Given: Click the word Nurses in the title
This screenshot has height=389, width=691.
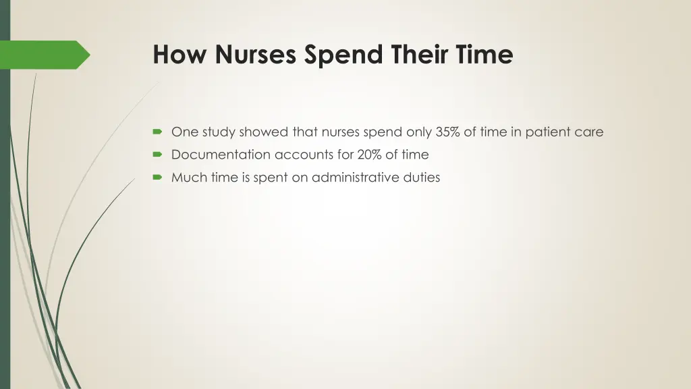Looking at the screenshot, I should tap(256, 55).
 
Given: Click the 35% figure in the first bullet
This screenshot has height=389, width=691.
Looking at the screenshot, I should tap(447, 132).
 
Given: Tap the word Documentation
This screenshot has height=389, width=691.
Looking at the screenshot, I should tap(221, 155).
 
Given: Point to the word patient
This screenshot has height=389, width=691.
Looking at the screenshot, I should tap(548, 132).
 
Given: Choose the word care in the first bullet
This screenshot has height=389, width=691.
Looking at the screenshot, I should tap(589, 132).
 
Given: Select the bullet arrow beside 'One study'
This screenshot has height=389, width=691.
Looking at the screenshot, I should tap(157, 132).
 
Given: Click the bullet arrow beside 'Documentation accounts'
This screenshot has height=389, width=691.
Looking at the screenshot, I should tap(157, 155).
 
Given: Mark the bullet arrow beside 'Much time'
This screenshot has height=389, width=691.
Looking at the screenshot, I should tap(157, 178).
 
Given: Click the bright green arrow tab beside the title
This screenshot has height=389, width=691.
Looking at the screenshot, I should tap(47, 55).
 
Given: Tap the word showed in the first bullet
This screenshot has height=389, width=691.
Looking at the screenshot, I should tap(264, 132).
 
